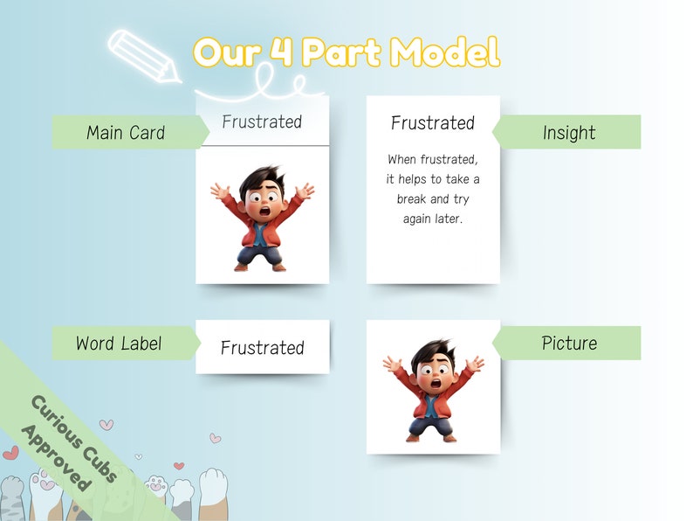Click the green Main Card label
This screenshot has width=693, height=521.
click(126, 133)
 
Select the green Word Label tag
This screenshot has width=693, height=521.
click(119, 344)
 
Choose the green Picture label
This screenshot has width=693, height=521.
click(569, 344)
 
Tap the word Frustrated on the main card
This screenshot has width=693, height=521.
click(262, 122)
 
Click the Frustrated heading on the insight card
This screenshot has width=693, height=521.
click(433, 123)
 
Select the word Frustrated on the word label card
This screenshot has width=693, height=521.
click(262, 348)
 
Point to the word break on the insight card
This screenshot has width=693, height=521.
click(413, 199)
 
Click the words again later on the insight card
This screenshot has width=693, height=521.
click(433, 219)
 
